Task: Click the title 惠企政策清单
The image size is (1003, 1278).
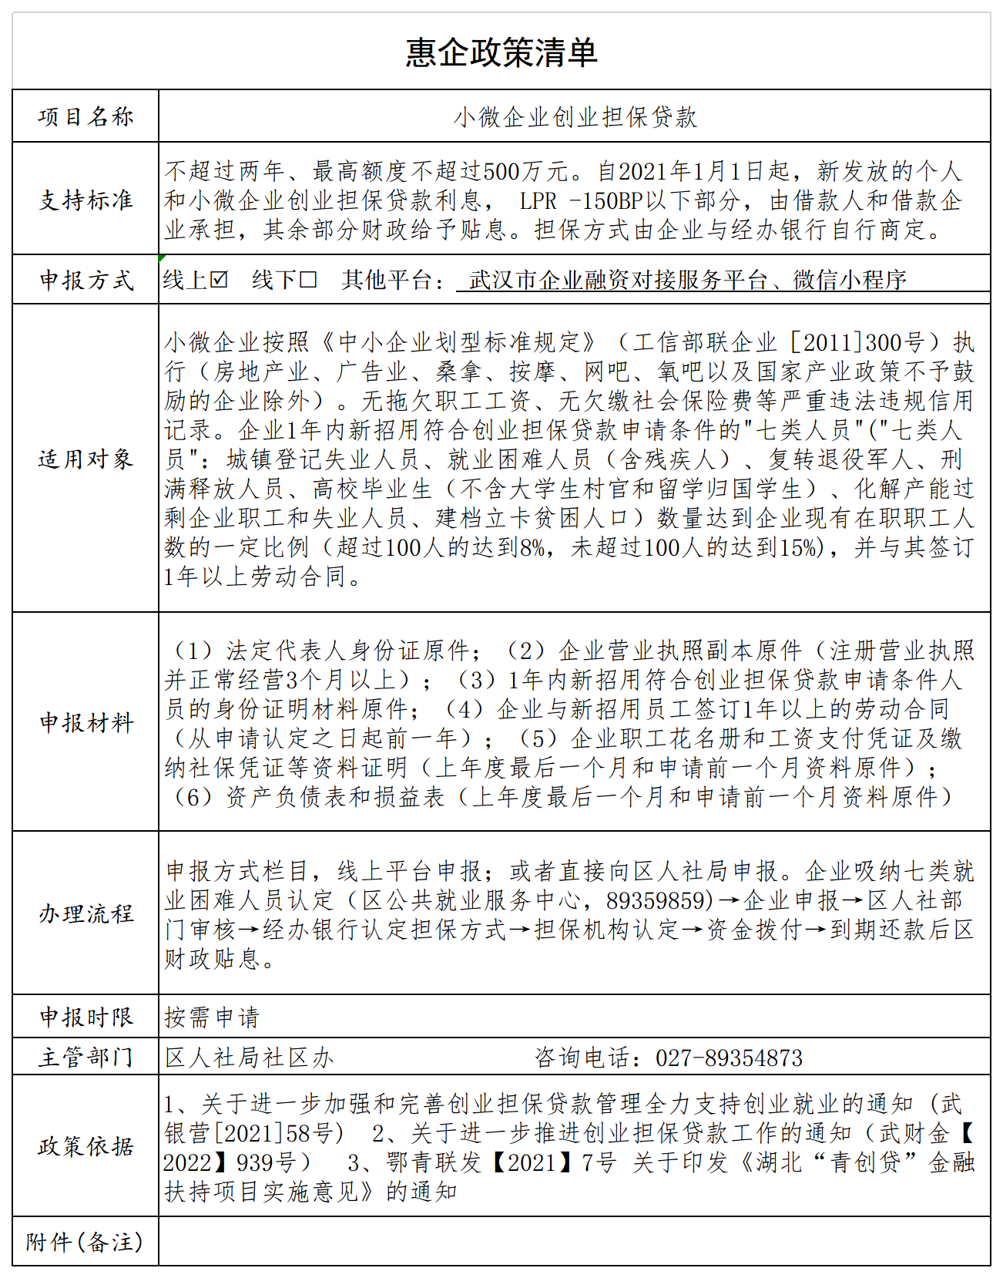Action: pyautogui.click(x=501, y=52)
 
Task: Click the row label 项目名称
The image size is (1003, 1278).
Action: pyautogui.click(x=86, y=117)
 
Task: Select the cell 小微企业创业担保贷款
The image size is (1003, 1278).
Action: pyautogui.click(x=575, y=117)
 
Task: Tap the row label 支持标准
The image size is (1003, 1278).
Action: pyautogui.click(x=86, y=200)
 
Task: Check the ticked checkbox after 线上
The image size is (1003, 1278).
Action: pyautogui.click(x=219, y=280)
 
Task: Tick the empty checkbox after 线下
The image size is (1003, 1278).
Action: pyautogui.click(x=308, y=280)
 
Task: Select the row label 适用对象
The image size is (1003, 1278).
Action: pyautogui.click(x=86, y=459)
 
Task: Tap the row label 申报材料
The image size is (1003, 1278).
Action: pyautogui.click(x=86, y=723)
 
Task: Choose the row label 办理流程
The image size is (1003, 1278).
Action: pyautogui.click(x=86, y=914)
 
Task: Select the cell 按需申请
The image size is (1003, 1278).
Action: pyautogui.click(x=212, y=1017)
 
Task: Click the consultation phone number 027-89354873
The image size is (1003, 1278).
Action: pyautogui.click(x=729, y=1058)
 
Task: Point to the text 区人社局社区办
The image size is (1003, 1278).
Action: pyautogui.click(x=249, y=1058)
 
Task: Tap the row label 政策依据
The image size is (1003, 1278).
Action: pyautogui.click(x=86, y=1147)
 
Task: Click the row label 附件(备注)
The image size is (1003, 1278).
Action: pyautogui.click(x=85, y=1243)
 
